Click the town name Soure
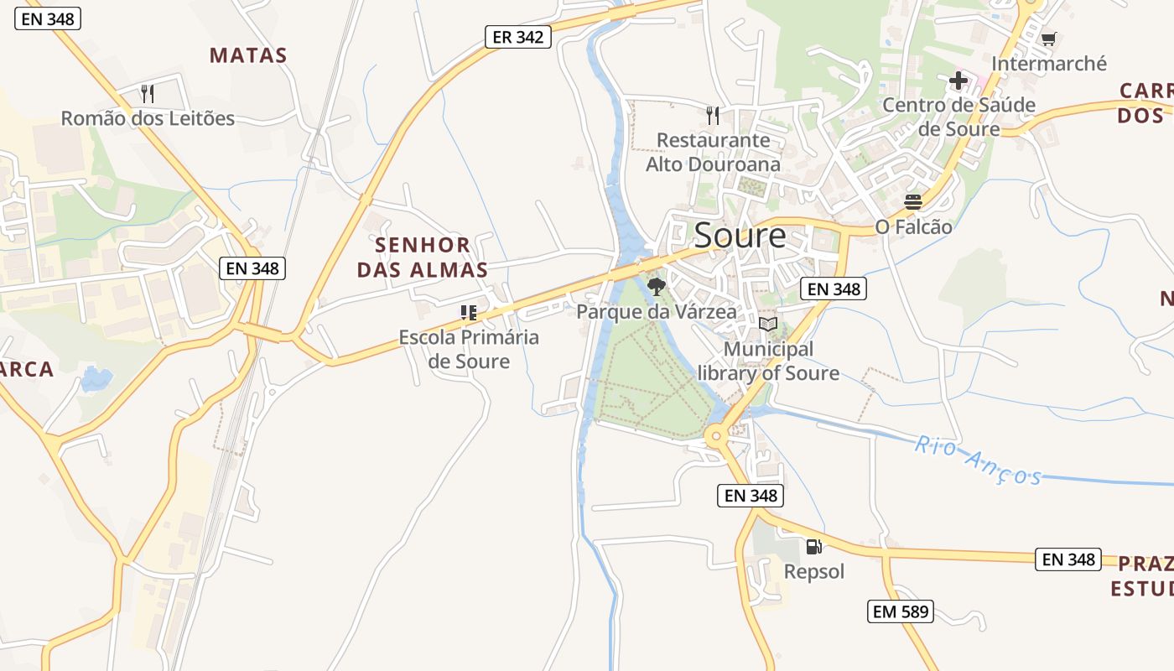point(740,236)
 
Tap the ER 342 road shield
point(517,37)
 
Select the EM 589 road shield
point(900,611)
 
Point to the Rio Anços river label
point(978,460)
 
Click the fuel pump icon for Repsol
point(813,547)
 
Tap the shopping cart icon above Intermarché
point(1048,39)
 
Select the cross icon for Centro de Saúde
point(958,81)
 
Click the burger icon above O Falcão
point(913,202)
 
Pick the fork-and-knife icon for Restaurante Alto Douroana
point(713,115)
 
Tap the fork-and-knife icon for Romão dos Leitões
point(148,93)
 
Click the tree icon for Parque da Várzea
point(657,287)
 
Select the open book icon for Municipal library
point(768,324)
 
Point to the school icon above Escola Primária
point(469,313)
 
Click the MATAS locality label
point(248,55)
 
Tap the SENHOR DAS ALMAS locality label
point(422,257)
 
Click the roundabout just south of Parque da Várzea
point(715,436)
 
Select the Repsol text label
point(813,571)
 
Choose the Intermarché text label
point(1048,64)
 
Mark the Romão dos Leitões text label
point(148,118)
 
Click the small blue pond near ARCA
point(96,379)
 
